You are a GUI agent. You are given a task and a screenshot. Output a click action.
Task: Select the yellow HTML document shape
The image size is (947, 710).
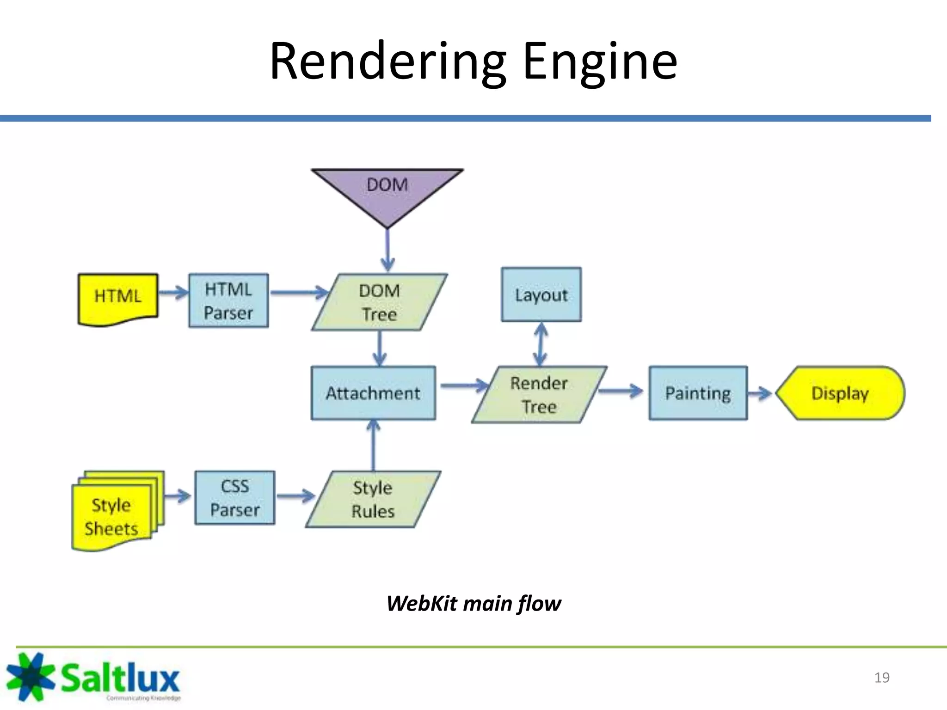tap(118, 298)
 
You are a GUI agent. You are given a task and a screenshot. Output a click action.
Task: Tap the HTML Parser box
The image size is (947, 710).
tap(228, 301)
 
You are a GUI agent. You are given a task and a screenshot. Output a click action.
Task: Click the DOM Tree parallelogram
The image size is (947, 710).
tap(379, 302)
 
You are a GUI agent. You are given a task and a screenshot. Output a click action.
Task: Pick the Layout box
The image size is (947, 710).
tap(541, 295)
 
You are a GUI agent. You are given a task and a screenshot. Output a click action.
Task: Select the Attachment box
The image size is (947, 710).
tap(373, 393)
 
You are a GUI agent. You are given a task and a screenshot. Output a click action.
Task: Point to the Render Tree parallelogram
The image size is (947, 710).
tap(539, 395)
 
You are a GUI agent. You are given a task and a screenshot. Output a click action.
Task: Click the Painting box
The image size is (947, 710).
tap(698, 393)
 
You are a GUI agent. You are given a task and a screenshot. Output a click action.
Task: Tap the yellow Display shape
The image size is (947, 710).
tap(840, 393)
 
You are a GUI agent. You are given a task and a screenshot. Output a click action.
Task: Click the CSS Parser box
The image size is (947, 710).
tap(235, 498)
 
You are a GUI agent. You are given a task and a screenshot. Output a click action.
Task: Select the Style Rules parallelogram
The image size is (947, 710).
tap(373, 500)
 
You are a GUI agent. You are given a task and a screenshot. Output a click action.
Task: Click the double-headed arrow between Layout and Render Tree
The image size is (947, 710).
tap(541, 344)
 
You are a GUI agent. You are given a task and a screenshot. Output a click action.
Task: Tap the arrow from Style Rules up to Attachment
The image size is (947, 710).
tap(373, 446)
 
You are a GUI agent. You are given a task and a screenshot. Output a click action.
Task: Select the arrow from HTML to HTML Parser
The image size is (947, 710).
tap(173, 292)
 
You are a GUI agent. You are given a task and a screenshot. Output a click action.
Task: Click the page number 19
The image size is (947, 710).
tap(882, 678)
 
